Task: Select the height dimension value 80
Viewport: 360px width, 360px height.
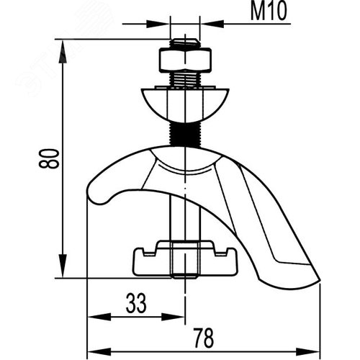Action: point(48,158)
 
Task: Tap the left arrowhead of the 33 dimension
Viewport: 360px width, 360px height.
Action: point(93,316)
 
